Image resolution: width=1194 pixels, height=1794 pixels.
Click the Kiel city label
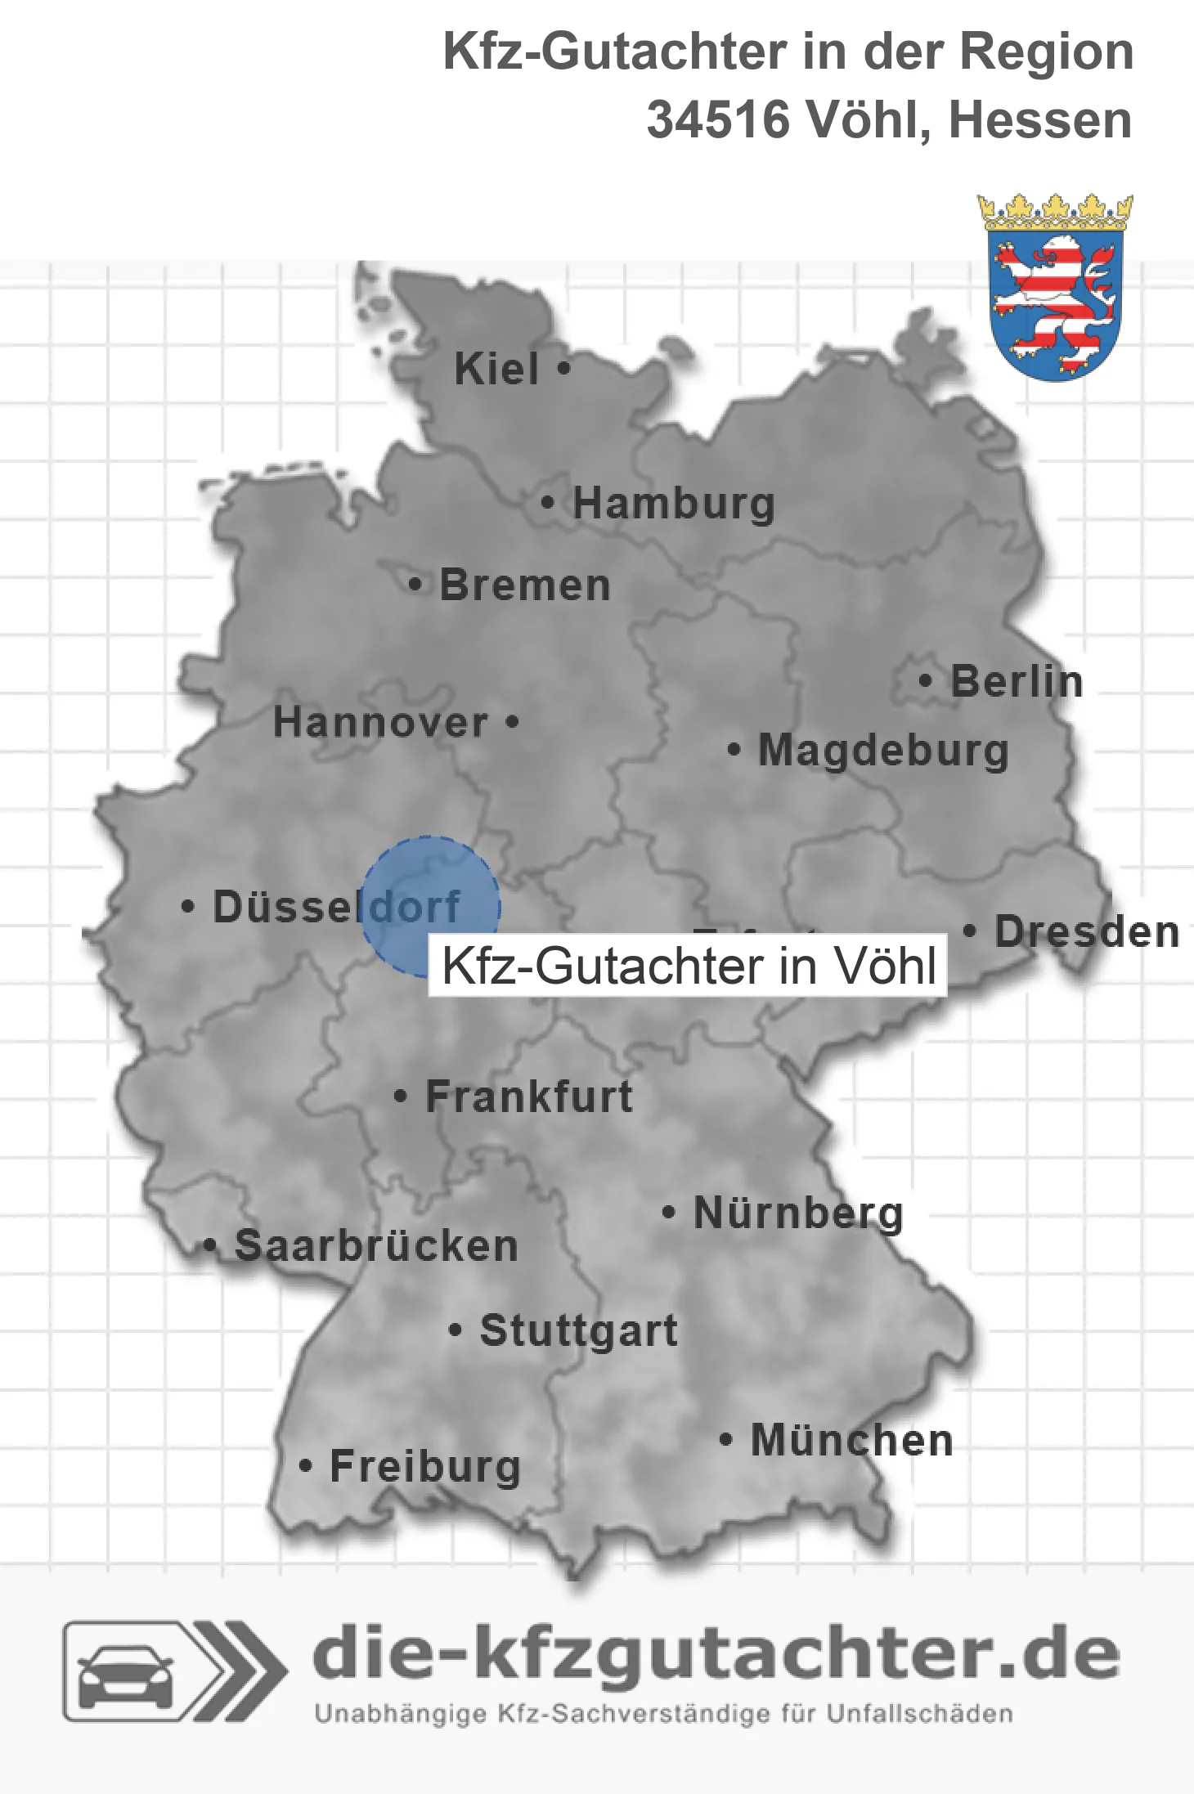click(496, 369)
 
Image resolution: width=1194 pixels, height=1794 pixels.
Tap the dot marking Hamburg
click(547, 503)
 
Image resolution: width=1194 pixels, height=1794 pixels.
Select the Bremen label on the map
click(524, 585)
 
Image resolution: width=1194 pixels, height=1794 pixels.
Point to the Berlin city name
click(1017, 681)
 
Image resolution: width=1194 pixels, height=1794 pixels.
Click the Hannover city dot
click(512, 721)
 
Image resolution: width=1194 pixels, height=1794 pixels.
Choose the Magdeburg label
click(883, 750)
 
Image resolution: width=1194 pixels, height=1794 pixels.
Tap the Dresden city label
click(1087, 931)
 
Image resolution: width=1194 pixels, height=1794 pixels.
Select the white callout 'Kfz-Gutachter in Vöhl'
click(688, 966)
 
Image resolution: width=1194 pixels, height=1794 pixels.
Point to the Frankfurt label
click(529, 1097)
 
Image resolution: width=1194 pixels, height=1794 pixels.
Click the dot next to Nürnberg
click(668, 1212)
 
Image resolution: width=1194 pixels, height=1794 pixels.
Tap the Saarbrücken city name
click(376, 1246)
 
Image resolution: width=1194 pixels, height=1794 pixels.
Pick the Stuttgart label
click(578, 1330)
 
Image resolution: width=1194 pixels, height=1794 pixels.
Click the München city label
click(851, 1440)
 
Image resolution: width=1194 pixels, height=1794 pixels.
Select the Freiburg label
click(424, 1466)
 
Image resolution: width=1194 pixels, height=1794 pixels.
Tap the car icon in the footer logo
click(125, 1671)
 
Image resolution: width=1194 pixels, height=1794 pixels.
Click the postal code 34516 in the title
click(718, 119)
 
